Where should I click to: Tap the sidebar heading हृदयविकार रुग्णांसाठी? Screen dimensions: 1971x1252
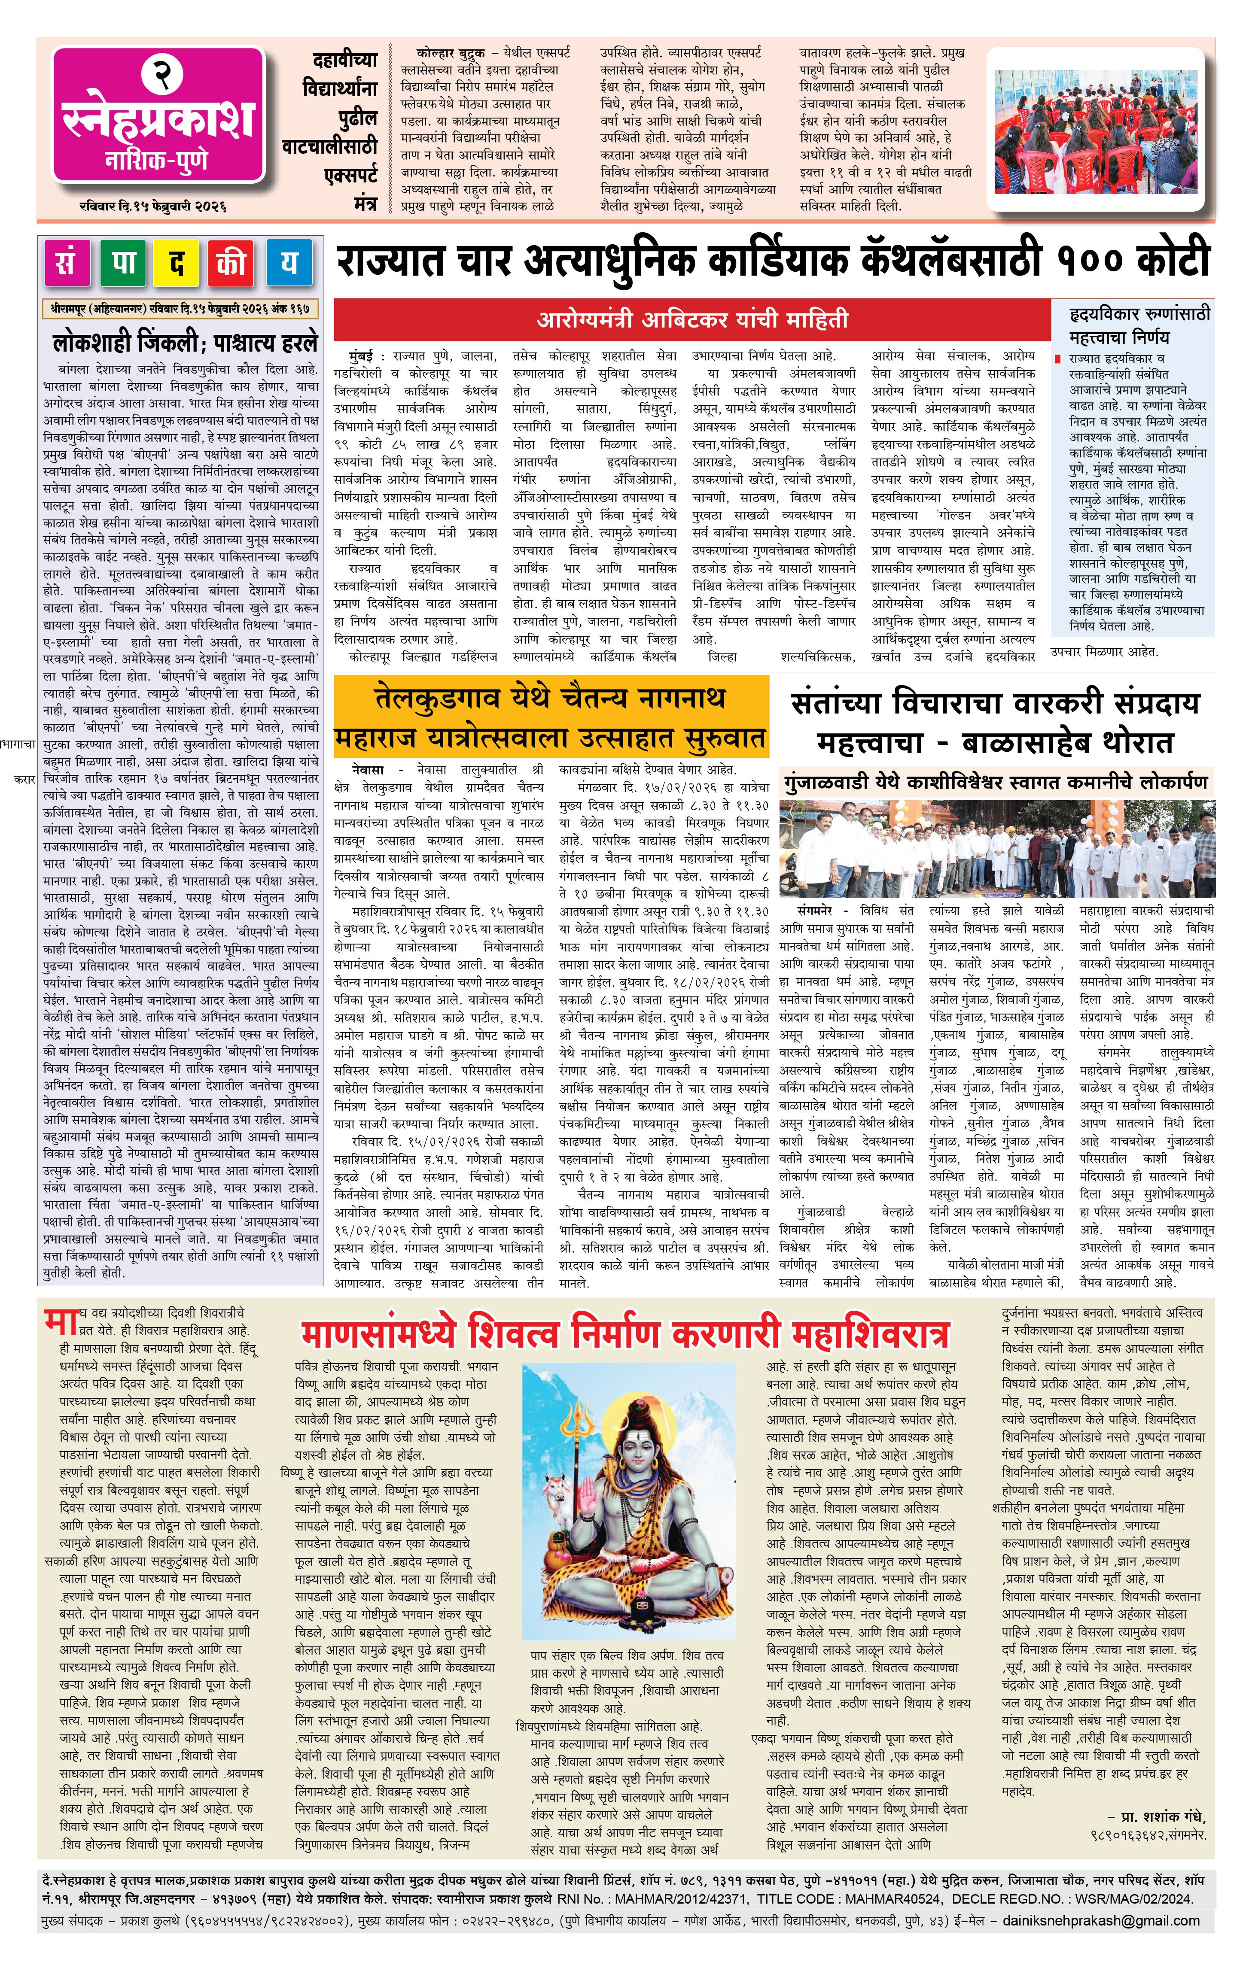(1139, 313)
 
